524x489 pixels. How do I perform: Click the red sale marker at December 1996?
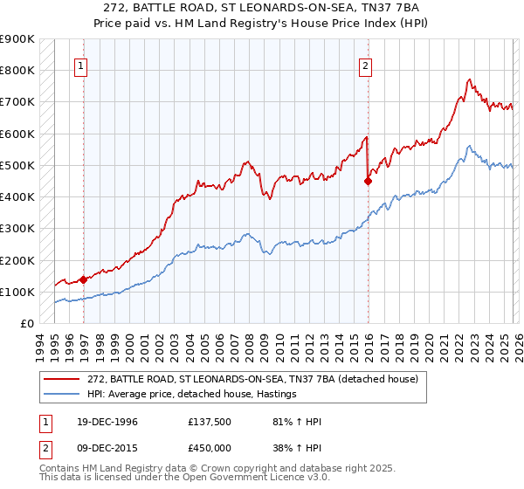tap(84, 280)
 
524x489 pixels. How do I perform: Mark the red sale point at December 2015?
tap(368, 182)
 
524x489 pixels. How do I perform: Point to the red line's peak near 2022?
tap(470, 79)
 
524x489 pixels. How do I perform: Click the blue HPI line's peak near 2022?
tap(470, 146)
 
